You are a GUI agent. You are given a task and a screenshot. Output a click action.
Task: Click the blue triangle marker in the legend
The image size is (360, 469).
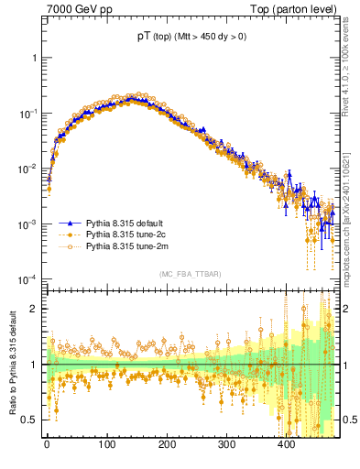69,223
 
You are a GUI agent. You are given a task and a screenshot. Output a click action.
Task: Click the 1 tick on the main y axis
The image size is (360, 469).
34,58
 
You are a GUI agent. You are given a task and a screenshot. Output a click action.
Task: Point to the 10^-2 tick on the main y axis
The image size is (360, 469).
27,169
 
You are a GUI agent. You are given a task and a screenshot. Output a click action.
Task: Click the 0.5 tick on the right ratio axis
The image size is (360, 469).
348,420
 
